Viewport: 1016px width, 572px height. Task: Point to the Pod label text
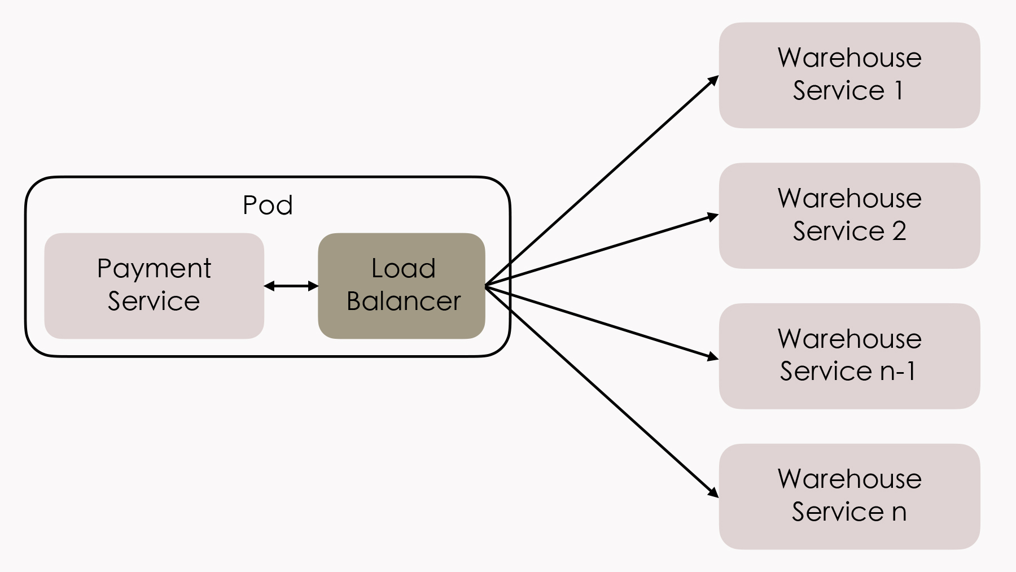(x=268, y=205)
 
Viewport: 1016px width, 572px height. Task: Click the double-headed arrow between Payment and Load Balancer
(x=291, y=286)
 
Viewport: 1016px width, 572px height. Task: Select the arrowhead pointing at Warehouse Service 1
(x=713, y=80)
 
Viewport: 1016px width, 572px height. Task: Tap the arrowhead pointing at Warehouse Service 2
(x=713, y=216)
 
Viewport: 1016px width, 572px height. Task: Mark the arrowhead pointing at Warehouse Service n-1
(x=713, y=356)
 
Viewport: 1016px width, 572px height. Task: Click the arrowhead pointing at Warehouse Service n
(x=713, y=492)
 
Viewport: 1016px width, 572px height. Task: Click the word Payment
(x=154, y=269)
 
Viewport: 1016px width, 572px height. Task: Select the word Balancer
(x=404, y=301)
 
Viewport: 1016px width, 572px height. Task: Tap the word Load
(x=403, y=268)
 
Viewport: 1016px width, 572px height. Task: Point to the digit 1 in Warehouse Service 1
(x=899, y=90)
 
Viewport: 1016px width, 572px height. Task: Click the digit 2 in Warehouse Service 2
(x=899, y=231)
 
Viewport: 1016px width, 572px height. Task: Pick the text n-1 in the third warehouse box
(x=897, y=371)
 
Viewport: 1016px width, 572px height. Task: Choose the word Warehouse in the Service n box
(x=849, y=479)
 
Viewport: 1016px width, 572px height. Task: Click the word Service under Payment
(x=154, y=301)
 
